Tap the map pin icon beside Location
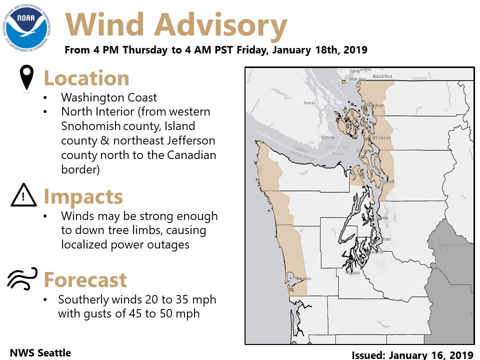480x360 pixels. pyautogui.click(x=26, y=78)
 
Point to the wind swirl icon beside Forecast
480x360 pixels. pyautogui.click(x=22, y=279)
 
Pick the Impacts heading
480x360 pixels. pyautogui.click(x=83, y=196)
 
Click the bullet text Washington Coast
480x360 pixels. pyautogui.click(x=109, y=97)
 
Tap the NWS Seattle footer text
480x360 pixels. pyautogui.click(x=40, y=353)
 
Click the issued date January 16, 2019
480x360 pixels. pyautogui.click(x=412, y=354)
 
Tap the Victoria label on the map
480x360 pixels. pyautogui.click(x=327, y=137)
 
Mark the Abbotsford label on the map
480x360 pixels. pyautogui.click(x=382, y=76)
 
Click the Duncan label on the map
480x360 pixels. pyautogui.click(x=310, y=103)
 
